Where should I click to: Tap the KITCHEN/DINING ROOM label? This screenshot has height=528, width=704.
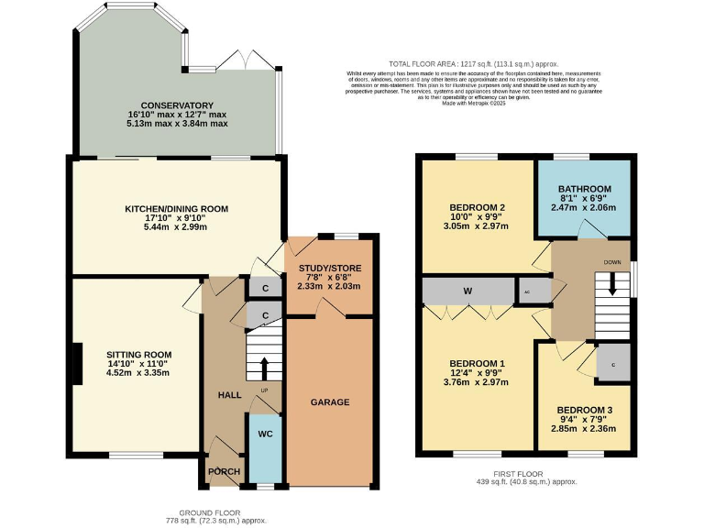point(176,209)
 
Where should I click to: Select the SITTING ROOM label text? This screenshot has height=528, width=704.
point(138,354)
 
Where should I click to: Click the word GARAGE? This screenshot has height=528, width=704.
point(330,402)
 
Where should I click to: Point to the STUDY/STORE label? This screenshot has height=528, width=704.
point(329,268)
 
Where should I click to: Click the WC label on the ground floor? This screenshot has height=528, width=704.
point(265,433)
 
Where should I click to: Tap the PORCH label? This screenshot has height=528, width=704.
point(224,472)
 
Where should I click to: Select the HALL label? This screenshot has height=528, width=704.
point(229,394)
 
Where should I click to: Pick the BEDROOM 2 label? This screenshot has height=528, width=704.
point(478,206)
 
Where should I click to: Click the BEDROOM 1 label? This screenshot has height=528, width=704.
point(477,364)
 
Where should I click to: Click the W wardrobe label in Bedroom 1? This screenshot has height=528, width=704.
point(467,291)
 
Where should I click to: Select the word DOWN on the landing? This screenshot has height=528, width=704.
point(613,261)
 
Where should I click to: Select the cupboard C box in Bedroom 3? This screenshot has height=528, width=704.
point(613,365)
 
